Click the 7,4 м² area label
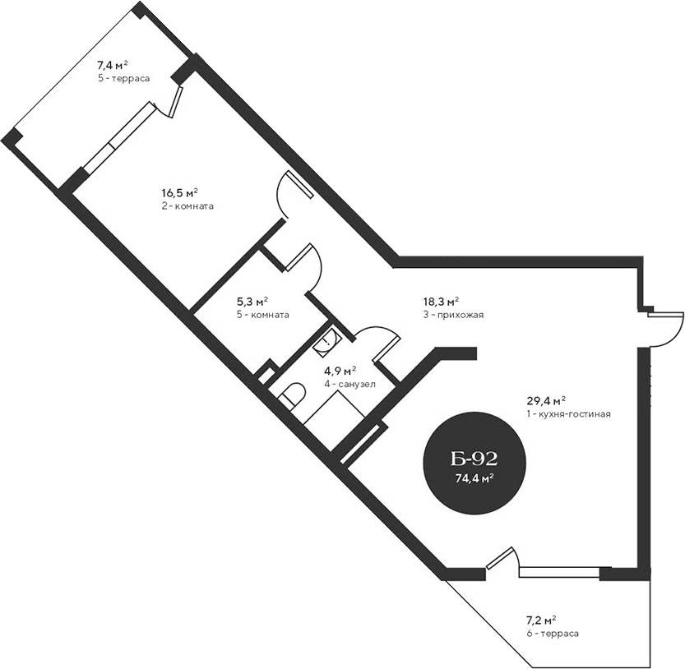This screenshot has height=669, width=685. [x=113, y=64]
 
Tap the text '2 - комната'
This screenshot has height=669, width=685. [x=187, y=206]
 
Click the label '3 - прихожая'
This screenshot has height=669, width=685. [x=452, y=315]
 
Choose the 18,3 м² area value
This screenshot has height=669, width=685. [x=441, y=302]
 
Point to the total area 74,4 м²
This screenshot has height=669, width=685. [x=474, y=478]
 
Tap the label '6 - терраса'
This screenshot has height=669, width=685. [x=553, y=634]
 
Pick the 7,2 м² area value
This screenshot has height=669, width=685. [x=542, y=620]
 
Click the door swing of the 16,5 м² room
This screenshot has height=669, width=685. [x=289, y=196]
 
